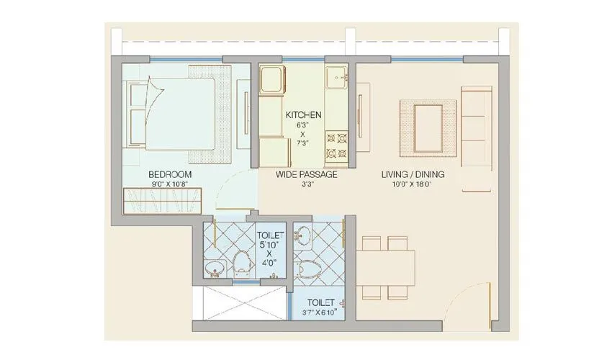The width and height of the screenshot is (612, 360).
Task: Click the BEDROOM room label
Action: [x=169, y=174]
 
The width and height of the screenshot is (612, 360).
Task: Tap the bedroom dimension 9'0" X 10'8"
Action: [x=169, y=184]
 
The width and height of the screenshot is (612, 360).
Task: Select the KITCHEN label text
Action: [x=303, y=115]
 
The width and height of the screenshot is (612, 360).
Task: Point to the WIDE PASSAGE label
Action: [x=307, y=174]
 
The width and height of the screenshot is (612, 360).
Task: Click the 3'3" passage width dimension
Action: [x=307, y=184]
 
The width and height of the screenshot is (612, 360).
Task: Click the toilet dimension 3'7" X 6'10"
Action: [x=318, y=313]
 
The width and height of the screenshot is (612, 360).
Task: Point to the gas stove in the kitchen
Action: [x=336, y=144]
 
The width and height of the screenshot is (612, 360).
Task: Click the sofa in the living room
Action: [x=475, y=137]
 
